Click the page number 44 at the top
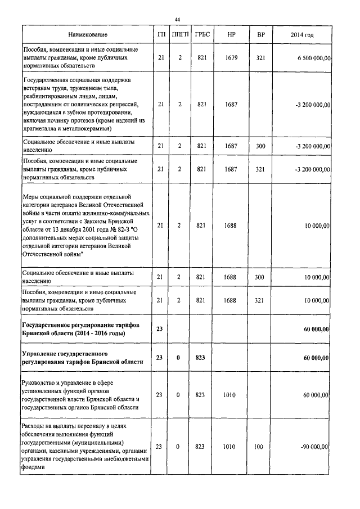[x=177, y=20]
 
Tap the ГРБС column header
[x=202, y=35]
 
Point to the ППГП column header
[x=178, y=35]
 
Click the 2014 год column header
[x=301, y=35]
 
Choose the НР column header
[x=231, y=35]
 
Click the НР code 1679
[x=231, y=57]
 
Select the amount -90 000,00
[x=313, y=447]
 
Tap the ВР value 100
[x=259, y=447]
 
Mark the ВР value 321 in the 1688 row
[x=259, y=301]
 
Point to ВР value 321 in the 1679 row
[x=259, y=57]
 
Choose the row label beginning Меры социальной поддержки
[x=84, y=226]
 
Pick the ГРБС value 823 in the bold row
[x=202, y=358]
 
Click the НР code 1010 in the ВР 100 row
[x=231, y=447]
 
